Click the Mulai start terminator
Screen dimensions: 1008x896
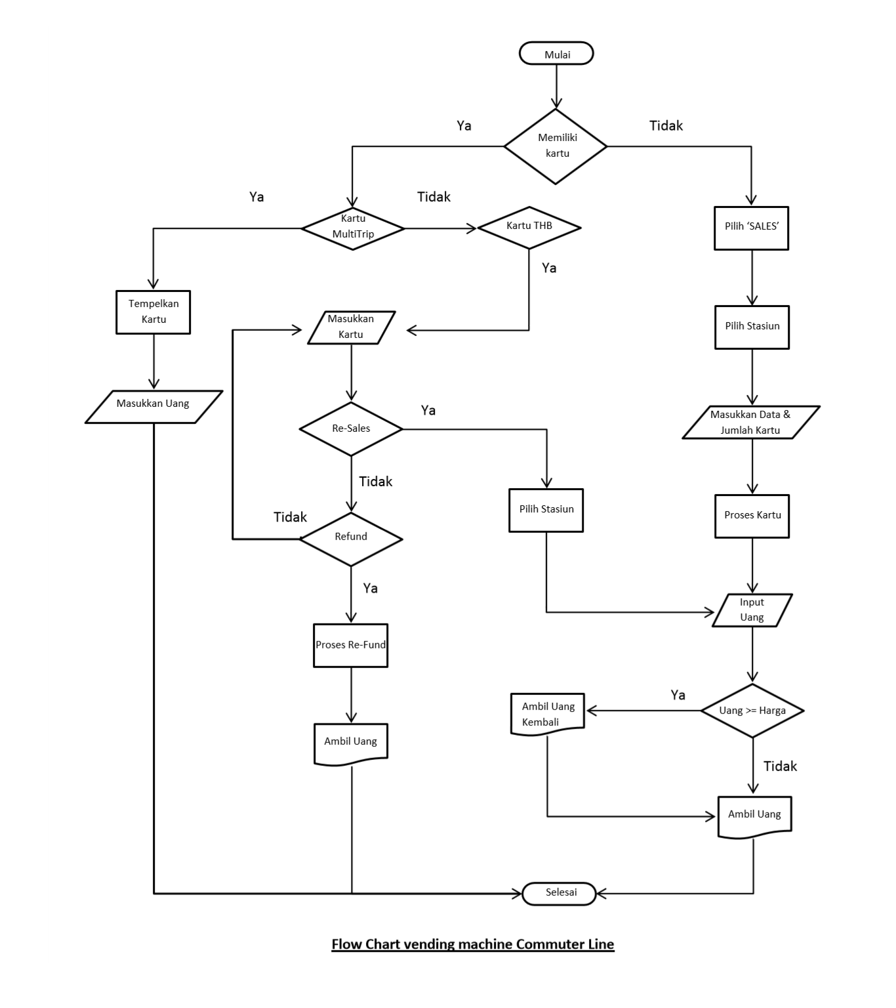(x=556, y=54)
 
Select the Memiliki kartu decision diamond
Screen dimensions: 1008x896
(x=556, y=146)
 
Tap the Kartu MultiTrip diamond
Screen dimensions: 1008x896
(x=352, y=228)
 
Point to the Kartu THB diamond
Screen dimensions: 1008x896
(x=529, y=227)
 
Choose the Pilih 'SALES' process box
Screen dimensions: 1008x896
(x=751, y=227)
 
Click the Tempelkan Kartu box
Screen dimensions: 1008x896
(x=153, y=312)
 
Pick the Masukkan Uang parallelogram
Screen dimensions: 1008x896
(x=153, y=406)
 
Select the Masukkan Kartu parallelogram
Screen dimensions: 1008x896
(x=351, y=327)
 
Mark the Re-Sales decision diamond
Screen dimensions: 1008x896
(x=351, y=429)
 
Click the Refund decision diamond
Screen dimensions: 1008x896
(x=351, y=537)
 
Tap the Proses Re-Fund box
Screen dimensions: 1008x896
(x=350, y=645)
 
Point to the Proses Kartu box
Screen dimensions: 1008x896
(x=752, y=516)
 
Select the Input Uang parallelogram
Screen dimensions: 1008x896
(x=752, y=610)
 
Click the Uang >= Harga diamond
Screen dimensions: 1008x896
(x=752, y=711)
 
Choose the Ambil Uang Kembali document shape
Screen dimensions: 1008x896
(x=548, y=714)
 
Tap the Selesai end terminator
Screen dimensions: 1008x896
(x=560, y=893)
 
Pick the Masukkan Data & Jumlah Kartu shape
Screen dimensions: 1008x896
(x=750, y=422)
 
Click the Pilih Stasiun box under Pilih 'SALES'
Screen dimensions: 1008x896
(x=752, y=326)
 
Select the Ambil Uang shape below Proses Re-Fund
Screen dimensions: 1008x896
(x=351, y=743)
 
